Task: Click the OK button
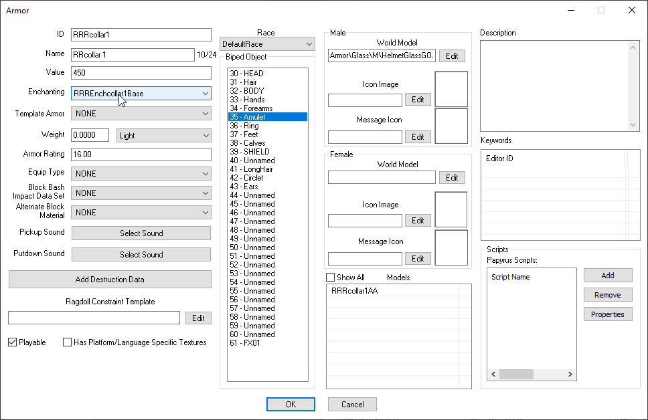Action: click(x=291, y=405)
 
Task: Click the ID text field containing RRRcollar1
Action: click(x=141, y=35)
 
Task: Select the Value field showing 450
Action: click(x=141, y=73)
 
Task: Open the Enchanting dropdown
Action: click(x=141, y=94)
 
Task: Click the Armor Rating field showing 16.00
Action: click(x=141, y=154)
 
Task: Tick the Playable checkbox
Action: click(x=13, y=342)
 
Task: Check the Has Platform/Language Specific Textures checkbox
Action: click(x=67, y=342)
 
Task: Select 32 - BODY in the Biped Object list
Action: click(x=247, y=91)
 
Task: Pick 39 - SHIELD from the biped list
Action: click(x=250, y=152)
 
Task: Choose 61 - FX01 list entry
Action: click(x=245, y=343)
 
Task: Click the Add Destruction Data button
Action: click(x=110, y=279)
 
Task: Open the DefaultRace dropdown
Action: click(x=267, y=43)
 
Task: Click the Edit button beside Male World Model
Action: click(x=452, y=56)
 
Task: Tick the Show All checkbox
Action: click(x=330, y=277)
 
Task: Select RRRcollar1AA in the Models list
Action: click(x=355, y=291)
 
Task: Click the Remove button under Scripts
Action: click(x=608, y=295)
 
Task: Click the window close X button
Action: click(x=632, y=10)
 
